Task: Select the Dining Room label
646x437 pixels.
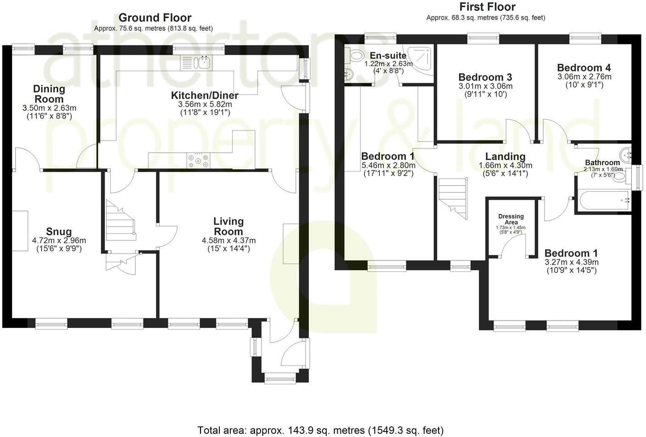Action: tap(49, 94)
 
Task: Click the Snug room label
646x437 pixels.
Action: tap(59, 232)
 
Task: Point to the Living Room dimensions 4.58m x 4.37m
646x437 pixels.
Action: tap(228, 240)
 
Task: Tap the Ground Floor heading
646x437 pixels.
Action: tap(155, 18)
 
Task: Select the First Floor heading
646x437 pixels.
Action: tap(487, 7)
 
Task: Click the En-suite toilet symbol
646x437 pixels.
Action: tap(355, 56)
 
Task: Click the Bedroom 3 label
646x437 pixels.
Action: tap(485, 77)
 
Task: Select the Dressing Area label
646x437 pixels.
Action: tap(511, 219)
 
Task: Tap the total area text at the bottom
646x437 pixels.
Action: tap(320, 430)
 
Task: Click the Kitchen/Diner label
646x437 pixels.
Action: tap(205, 95)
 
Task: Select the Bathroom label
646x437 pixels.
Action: tap(602, 163)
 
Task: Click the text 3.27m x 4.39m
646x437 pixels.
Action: tap(571, 262)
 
